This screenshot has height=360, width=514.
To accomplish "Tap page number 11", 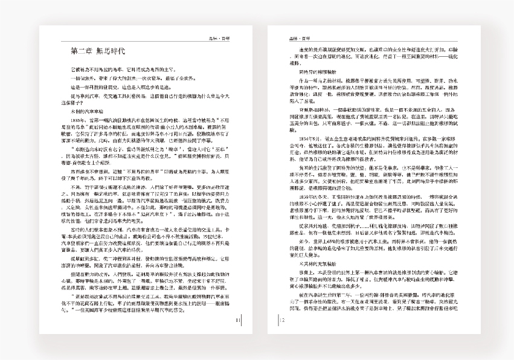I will point(238,321).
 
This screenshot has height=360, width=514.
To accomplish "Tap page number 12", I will point(282,321).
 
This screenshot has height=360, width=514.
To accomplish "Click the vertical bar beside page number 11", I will point(242,321).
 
